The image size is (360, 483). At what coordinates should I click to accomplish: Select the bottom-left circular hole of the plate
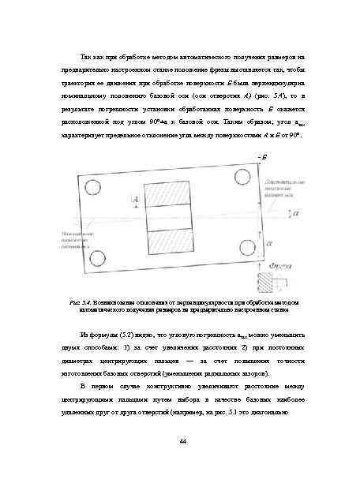(x=98, y=257)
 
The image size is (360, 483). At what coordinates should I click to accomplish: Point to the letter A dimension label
(x=136, y=202)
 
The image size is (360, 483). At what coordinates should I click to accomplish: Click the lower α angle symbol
(x=271, y=245)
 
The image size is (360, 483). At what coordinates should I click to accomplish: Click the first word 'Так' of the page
(x=87, y=58)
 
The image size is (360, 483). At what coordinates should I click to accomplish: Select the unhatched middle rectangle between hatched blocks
(x=171, y=218)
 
